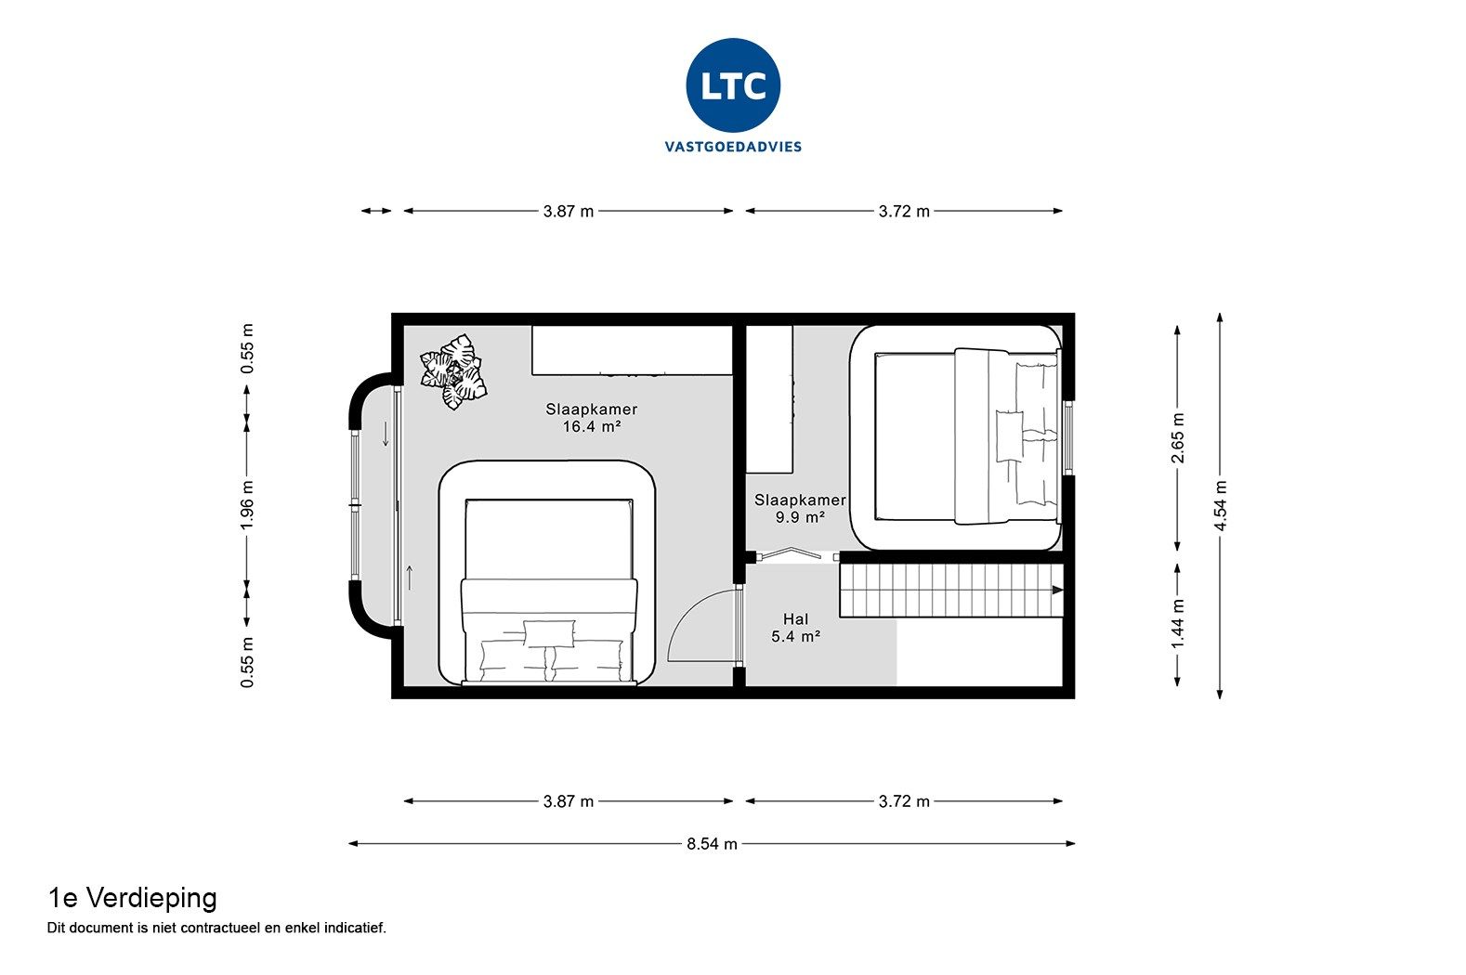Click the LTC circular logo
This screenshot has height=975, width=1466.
[x=733, y=85]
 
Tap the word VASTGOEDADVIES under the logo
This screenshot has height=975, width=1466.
[x=733, y=147]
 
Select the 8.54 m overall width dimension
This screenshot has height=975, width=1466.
[x=712, y=844]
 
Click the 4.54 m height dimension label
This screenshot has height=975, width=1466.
[x=1221, y=506]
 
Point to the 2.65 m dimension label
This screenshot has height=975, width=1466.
[x=1178, y=437]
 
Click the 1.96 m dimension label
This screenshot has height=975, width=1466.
[x=247, y=506]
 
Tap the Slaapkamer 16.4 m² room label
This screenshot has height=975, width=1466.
[x=592, y=418]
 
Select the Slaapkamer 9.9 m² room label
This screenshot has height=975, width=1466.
[x=800, y=508]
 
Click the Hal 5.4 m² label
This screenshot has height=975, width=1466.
[x=795, y=628]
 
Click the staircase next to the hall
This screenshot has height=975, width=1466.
[x=948, y=591]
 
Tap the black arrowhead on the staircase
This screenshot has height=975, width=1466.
[x=1057, y=591]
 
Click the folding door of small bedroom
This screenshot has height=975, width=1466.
[x=791, y=553]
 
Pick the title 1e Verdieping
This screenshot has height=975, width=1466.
[x=132, y=898]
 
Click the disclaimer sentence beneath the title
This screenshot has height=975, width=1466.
[x=216, y=928]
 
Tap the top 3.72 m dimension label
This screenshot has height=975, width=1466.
[x=904, y=212]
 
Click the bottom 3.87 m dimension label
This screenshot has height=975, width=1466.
[x=569, y=801]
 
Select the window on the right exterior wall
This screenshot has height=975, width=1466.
[x=1068, y=437]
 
